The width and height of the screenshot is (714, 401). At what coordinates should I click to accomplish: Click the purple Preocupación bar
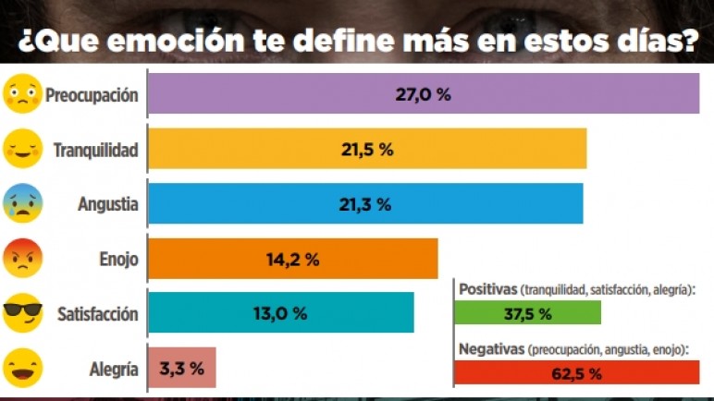(424, 94)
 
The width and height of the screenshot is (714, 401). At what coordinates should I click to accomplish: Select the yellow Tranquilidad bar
(367, 149)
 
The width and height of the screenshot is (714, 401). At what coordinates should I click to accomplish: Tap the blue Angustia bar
(365, 203)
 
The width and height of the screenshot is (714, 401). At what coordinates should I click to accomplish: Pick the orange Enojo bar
(292, 259)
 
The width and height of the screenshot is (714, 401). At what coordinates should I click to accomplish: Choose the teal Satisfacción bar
(280, 313)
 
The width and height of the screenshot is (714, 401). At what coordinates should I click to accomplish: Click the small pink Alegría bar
(182, 368)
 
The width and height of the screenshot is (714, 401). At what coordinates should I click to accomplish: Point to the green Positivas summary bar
(527, 313)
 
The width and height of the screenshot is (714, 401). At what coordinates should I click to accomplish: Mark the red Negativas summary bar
(577, 373)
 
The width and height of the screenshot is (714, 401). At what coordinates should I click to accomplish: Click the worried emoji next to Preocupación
(22, 94)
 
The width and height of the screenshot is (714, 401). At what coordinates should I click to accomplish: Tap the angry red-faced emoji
(22, 259)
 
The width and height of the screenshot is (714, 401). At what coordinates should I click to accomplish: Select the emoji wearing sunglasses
(22, 313)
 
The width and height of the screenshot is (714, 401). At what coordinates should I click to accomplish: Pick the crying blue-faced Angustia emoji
(22, 203)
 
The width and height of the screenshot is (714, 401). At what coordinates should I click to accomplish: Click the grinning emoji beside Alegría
(22, 368)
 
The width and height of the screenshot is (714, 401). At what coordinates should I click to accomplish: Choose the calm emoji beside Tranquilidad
(22, 149)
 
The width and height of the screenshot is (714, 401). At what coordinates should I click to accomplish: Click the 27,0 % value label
(424, 94)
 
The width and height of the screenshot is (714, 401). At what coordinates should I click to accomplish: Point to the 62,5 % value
(576, 373)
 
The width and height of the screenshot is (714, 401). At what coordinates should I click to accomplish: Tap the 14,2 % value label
(292, 260)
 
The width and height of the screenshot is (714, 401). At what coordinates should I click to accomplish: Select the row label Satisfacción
(97, 314)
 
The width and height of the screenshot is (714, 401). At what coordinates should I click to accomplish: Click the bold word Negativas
(490, 349)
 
